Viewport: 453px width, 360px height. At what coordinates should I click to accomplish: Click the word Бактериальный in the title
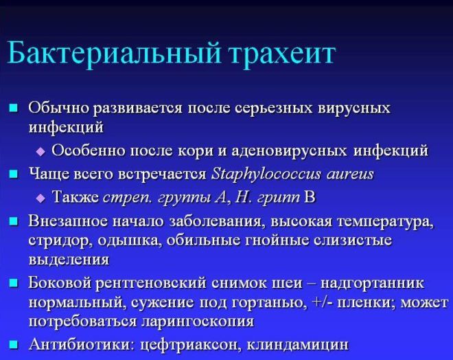(114, 53)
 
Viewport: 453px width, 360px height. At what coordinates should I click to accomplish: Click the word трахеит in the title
(281, 54)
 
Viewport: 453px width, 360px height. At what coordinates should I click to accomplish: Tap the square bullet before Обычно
(13, 108)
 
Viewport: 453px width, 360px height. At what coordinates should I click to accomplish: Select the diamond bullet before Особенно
(41, 151)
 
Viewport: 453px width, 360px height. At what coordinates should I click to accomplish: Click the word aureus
(350, 175)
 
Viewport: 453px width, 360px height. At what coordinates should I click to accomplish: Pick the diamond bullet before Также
(41, 199)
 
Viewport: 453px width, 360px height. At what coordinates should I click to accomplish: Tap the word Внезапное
(67, 221)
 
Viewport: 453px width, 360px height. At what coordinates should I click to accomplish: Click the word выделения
(69, 260)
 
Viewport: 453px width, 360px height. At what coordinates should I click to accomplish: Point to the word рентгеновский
(151, 283)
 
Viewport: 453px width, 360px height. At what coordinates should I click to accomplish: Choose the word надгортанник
(373, 283)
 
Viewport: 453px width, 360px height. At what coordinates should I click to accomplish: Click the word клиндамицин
(298, 344)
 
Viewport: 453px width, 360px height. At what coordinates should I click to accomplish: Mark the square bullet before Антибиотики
(13, 345)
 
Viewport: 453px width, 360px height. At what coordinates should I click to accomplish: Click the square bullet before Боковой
(13, 283)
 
